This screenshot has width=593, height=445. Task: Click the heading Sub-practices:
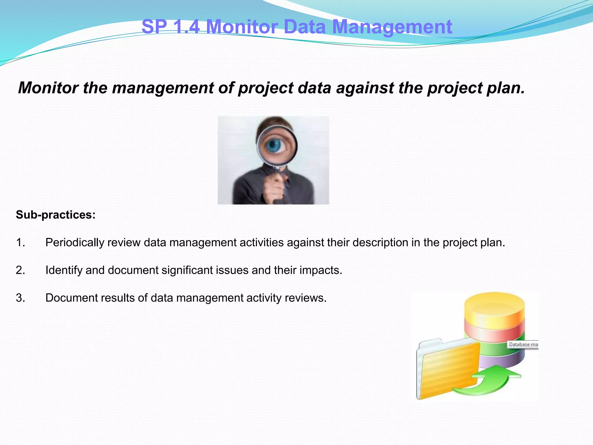tap(56, 215)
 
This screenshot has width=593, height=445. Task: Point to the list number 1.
tap(20, 242)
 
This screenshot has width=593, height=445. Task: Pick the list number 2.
tap(20, 270)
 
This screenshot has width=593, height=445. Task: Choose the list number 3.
tap(20, 298)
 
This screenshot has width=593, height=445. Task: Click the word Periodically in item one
tap(75, 243)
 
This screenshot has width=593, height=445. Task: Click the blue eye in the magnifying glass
tap(274, 146)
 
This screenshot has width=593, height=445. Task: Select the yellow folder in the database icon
tap(447, 369)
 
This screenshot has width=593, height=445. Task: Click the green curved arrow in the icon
tap(489, 380)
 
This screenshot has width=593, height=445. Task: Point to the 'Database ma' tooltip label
tap(523, 344)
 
